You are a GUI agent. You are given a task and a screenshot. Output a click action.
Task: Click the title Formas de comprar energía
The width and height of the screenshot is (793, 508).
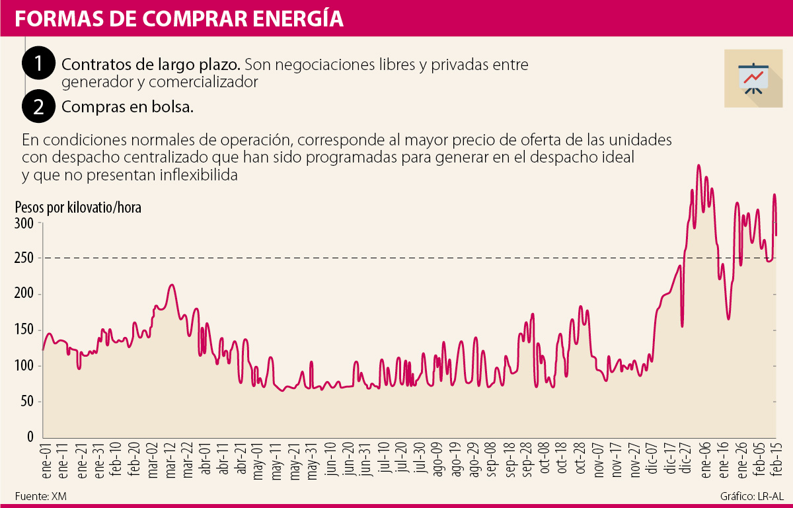tap(179, 19)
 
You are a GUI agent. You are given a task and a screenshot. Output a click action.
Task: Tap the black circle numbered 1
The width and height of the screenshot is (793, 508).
tap(39, 65)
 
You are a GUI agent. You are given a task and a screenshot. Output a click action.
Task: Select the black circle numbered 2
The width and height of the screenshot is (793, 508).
tap(39, 108)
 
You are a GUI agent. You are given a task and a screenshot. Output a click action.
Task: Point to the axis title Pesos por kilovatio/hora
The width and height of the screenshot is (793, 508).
tap(78, 207)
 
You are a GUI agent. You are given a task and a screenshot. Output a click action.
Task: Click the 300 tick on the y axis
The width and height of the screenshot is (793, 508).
tap(24, 223)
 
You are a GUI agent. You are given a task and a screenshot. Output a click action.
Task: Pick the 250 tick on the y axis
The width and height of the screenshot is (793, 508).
tap(24, 259)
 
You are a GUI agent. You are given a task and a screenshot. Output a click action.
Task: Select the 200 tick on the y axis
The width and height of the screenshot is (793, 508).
tap(24, 295)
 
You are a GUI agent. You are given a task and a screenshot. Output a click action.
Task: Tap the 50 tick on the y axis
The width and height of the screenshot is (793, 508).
tap(26, 402)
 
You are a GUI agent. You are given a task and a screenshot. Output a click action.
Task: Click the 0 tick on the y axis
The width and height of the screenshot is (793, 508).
tap(30, 437)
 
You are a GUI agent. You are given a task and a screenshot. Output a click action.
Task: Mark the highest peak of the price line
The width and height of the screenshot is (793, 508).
tap(699, 165)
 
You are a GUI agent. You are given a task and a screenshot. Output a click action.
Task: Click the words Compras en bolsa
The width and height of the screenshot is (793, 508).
tap(128, 108)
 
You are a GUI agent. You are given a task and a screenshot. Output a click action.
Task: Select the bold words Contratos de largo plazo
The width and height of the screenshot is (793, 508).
tap(151, 65)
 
